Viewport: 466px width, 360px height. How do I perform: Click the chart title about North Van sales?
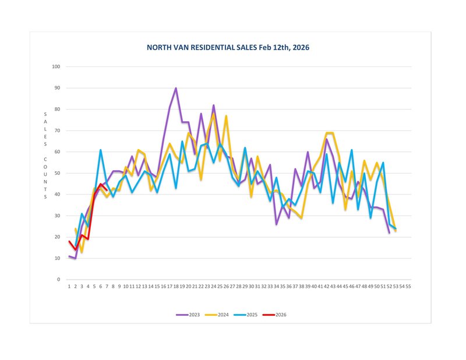228,47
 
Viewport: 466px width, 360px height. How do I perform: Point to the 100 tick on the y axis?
57,66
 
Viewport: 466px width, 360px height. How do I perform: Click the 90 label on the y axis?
57,88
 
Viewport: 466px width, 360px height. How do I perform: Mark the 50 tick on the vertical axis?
57,173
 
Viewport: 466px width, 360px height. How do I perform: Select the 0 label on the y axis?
59,280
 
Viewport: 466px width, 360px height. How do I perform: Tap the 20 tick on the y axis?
57,237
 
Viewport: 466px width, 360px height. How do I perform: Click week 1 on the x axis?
69,287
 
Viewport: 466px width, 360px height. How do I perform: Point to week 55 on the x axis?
408,287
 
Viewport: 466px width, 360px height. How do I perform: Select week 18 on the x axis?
176,287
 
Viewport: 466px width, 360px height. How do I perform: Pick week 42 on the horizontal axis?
327,287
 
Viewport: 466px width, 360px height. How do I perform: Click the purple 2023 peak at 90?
176,89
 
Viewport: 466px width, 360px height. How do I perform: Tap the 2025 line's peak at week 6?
101,150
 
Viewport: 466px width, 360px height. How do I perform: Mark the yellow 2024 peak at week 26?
226,116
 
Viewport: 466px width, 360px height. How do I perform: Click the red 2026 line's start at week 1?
69,241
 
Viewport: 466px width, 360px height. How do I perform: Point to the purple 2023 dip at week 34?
276,224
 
